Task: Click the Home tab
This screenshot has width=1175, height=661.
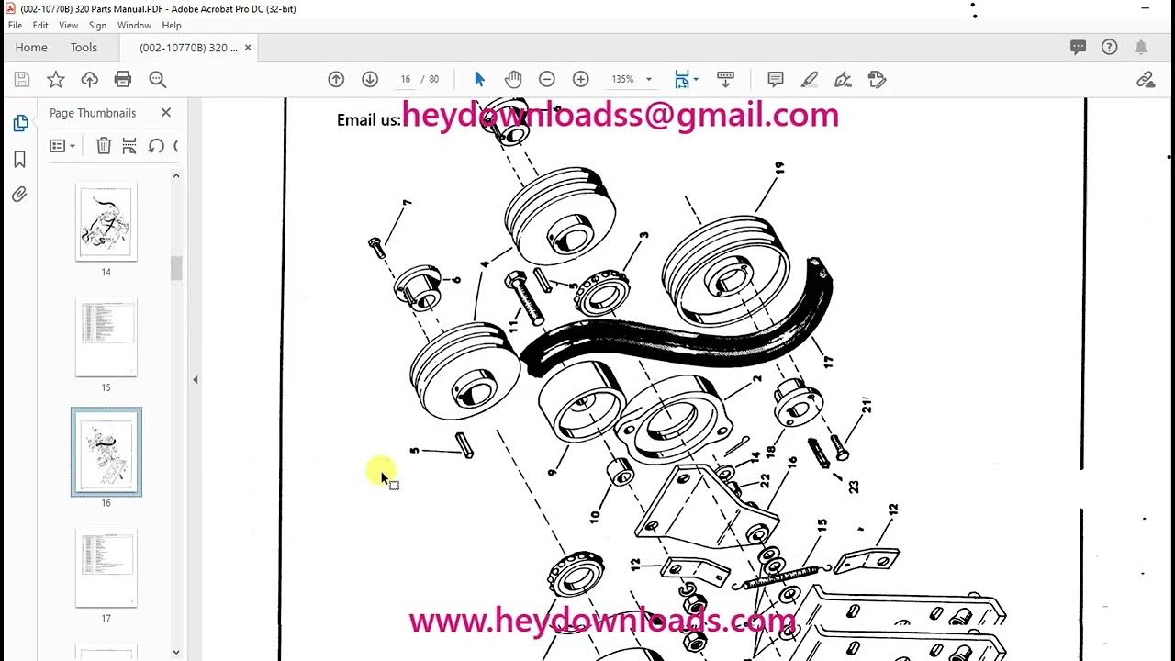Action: [x=31, y=48]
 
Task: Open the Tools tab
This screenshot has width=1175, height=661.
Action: [x=84, y=48]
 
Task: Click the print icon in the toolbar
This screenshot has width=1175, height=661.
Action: [x=123, y=80]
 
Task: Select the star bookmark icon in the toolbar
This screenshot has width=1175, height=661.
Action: [x=56, y=80]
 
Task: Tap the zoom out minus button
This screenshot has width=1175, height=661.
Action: [x=547, y=80]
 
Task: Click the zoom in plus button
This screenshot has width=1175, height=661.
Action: [x=580, y=80]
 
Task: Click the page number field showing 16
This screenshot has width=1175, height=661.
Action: [x=405, y=80]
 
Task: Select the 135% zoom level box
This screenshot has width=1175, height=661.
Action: [x=624, y=80]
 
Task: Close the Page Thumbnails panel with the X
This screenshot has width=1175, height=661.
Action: [x=165, y=112]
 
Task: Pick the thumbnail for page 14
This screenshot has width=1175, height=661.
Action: [x=106, y=221]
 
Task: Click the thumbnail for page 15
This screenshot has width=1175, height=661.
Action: [x=106, y=336]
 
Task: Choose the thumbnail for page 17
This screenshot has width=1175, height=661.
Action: [x=106, y=567]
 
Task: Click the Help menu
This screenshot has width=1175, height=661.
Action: [x=172, y=26]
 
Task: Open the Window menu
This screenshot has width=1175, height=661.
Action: [x=134, y=26]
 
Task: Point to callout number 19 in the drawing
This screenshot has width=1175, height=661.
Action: [x=778, y=169]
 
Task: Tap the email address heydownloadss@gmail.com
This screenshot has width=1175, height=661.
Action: [x=620, y=116]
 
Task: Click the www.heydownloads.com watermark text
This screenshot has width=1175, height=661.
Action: [x=602, y=621]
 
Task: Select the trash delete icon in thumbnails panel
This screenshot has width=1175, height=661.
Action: [x=104, y=146]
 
